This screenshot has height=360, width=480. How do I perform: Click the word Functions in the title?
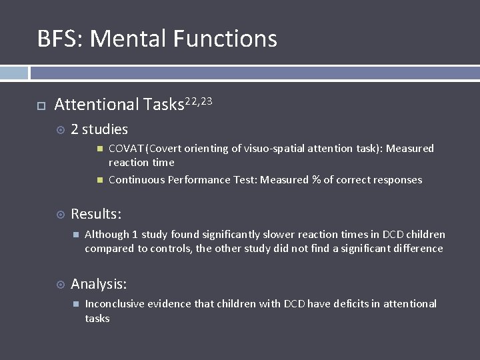225,39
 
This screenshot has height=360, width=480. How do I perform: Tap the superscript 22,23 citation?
199,101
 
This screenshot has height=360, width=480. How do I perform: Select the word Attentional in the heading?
97,105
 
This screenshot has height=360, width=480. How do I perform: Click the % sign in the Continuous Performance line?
316,180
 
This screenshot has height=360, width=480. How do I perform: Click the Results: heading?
96,214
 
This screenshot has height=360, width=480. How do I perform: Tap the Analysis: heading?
99,284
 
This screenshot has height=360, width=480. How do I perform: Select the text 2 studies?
99,129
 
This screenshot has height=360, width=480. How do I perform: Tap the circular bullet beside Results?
60,215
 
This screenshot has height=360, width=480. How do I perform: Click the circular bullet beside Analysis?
60,285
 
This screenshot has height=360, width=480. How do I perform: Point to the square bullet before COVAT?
99,148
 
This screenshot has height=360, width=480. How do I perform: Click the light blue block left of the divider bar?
13,73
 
